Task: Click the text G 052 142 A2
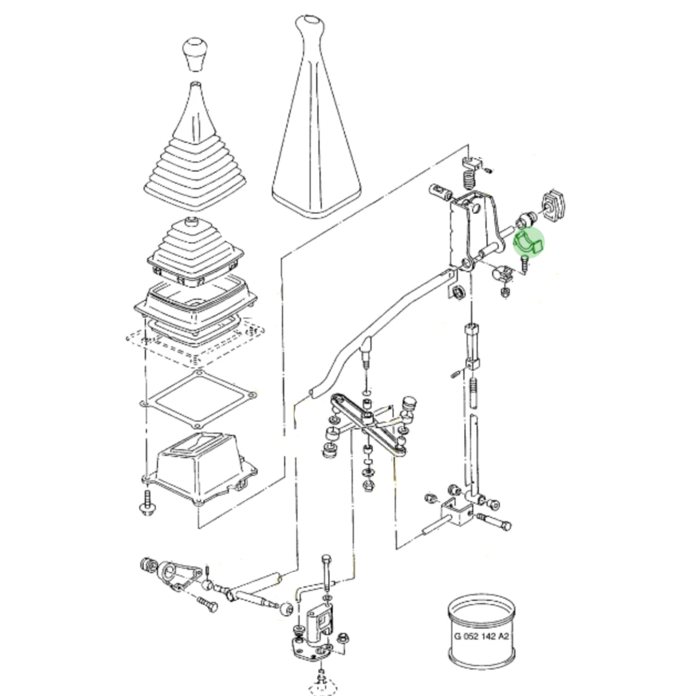pos(481,636)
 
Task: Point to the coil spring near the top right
pos(469,180)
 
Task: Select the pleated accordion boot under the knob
pos(195,146)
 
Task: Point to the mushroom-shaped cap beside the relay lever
pos(410,404)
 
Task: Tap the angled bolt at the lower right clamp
pos(494,521)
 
